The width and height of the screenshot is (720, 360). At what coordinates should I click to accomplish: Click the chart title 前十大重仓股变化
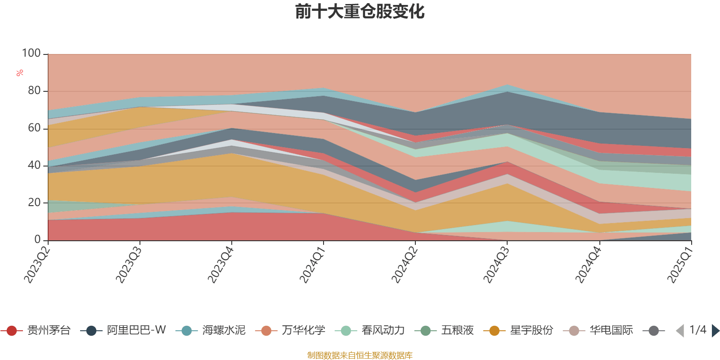360,12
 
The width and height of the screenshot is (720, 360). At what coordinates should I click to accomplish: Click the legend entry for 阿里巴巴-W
123,330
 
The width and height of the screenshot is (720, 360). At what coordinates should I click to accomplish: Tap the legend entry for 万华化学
290,330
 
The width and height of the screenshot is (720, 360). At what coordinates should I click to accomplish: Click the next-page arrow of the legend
715,331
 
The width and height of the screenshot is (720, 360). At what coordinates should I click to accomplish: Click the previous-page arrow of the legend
680,331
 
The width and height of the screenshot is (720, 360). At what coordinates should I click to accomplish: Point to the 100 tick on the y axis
31,54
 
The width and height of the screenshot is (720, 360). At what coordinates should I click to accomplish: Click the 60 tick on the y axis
34,128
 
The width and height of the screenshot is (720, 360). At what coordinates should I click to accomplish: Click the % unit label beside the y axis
19,73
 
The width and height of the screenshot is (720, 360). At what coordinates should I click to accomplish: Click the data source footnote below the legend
360,355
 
